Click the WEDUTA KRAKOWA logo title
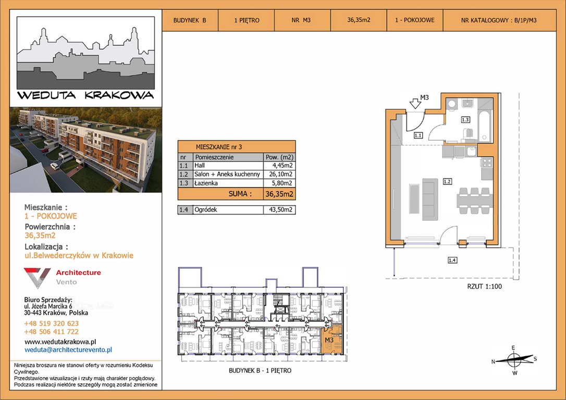[x=85, y=95]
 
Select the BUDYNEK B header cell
[x=190, y=20]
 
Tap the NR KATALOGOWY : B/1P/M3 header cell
[x=499, y=20]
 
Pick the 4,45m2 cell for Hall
[x=279, y=166]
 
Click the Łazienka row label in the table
[x=206, y=183]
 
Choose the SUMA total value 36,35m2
[x=279, y=194]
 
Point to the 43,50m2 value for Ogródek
[x=280, y=209]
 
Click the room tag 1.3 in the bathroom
[x=465, y=119]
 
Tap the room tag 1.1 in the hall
[x=418, y=135]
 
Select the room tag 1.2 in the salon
[x=447, y=181]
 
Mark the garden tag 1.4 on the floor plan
[x=452, y=260]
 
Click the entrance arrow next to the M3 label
[x=415, y=103]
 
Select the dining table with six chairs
[x=474, y=200]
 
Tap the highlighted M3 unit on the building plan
[x=331, y=339]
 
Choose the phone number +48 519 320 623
[x=51, y=323]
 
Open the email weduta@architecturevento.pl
[x=68, y=350]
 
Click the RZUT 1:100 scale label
[x=484, y=287]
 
